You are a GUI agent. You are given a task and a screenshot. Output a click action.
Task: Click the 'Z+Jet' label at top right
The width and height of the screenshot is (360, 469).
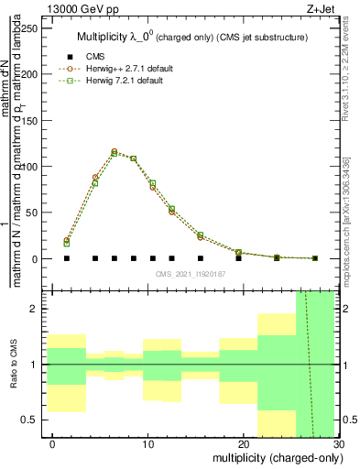(x=319, y=7)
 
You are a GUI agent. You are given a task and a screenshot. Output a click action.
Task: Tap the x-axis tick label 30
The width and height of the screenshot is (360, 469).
(x=339, y=444)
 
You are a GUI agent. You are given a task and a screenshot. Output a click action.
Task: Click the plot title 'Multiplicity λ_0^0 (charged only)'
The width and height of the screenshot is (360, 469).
(x=191, y=36)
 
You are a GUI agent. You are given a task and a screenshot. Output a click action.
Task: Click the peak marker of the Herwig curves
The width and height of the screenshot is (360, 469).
(x=115, y=152)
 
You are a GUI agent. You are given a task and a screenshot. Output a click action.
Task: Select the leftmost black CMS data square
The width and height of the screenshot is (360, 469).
(x=67, y=258)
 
